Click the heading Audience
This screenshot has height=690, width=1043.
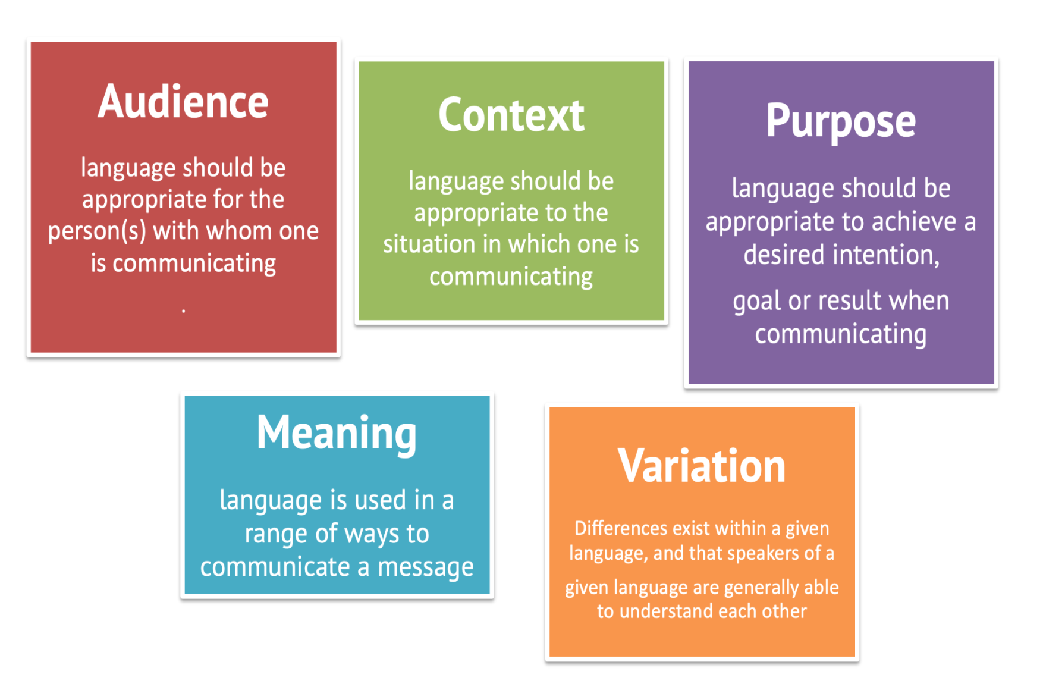[183, 102]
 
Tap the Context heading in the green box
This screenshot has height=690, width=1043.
[511, 115]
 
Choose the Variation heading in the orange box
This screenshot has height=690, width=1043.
[702, 466]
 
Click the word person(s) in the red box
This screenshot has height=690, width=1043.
[97, 231]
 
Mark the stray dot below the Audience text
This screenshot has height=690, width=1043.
[183, 310]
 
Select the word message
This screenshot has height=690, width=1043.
[426, 568]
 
